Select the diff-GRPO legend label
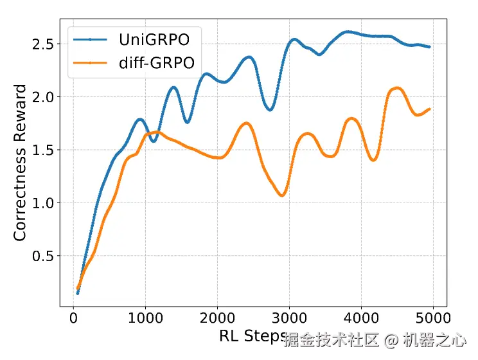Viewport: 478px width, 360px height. (157, 62)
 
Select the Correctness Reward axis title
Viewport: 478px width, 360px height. (21, 163)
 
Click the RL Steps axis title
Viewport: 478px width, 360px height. (252, 337)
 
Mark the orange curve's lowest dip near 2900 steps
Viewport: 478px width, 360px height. (282, 195)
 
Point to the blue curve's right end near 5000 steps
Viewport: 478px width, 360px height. (429, 47)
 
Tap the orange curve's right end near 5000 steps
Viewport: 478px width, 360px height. (429, 109)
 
